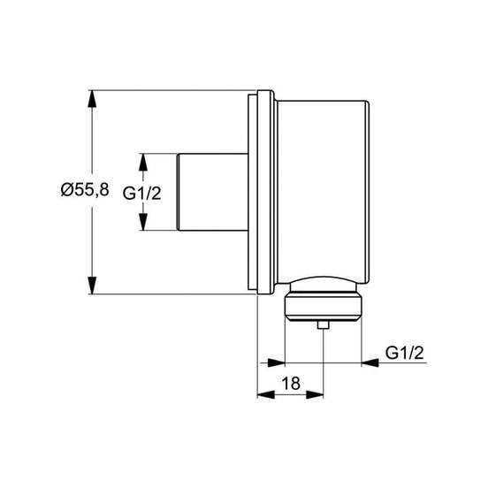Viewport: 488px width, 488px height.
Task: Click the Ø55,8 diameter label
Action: coord(85,189)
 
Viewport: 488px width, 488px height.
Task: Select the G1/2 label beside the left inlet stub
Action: coord(142,194)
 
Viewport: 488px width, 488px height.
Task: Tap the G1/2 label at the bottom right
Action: coord(405,353)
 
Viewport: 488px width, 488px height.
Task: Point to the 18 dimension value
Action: coord(291,383)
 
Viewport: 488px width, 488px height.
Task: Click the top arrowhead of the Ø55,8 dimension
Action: coord(92,99)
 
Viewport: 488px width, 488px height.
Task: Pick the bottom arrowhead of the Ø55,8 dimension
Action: coord(92,285)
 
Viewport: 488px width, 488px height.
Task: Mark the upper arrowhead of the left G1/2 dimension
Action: coord(143,162)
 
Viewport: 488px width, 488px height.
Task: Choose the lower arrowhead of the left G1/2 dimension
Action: coord(143,222)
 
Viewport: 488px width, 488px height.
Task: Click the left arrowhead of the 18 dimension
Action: coord(266,395)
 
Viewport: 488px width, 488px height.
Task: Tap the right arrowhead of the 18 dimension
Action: coord(315,395)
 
